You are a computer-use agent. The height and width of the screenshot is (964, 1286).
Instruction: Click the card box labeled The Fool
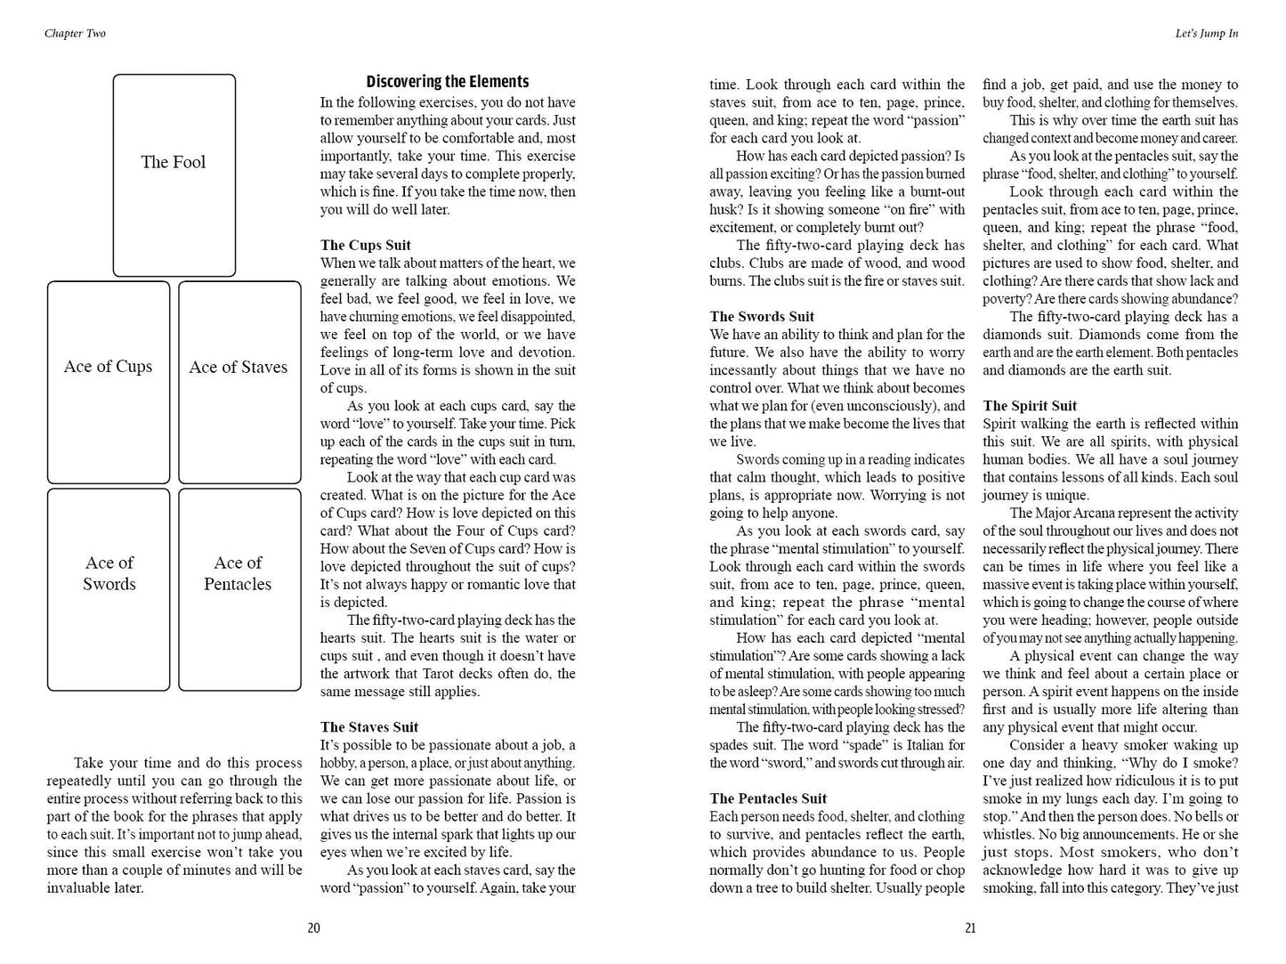pos(174,175)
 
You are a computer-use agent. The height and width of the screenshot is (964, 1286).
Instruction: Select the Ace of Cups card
pos(108,382)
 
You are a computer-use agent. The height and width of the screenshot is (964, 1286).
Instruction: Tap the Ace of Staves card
pos(239,382)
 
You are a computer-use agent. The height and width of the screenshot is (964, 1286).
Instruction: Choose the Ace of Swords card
pos(108,589)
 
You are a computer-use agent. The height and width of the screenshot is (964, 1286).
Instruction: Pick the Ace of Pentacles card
pos(239,589)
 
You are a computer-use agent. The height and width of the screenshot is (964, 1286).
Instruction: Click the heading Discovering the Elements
pos(448,82)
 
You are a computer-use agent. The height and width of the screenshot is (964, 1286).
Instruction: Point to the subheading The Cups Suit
pos(365,245)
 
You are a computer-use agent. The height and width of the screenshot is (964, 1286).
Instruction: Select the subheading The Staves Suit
pos(368,727)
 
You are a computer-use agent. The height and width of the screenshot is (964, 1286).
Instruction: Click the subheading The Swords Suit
pos(762,316)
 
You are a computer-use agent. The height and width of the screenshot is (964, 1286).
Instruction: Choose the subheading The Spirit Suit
pos(1029,406)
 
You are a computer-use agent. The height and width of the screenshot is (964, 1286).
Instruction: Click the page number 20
pos(313,928)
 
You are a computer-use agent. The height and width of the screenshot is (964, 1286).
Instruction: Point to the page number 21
pos(970,928)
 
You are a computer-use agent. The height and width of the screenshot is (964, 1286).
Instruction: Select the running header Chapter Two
pos(75,34)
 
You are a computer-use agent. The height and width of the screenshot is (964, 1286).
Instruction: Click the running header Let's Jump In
pos(1206,34)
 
